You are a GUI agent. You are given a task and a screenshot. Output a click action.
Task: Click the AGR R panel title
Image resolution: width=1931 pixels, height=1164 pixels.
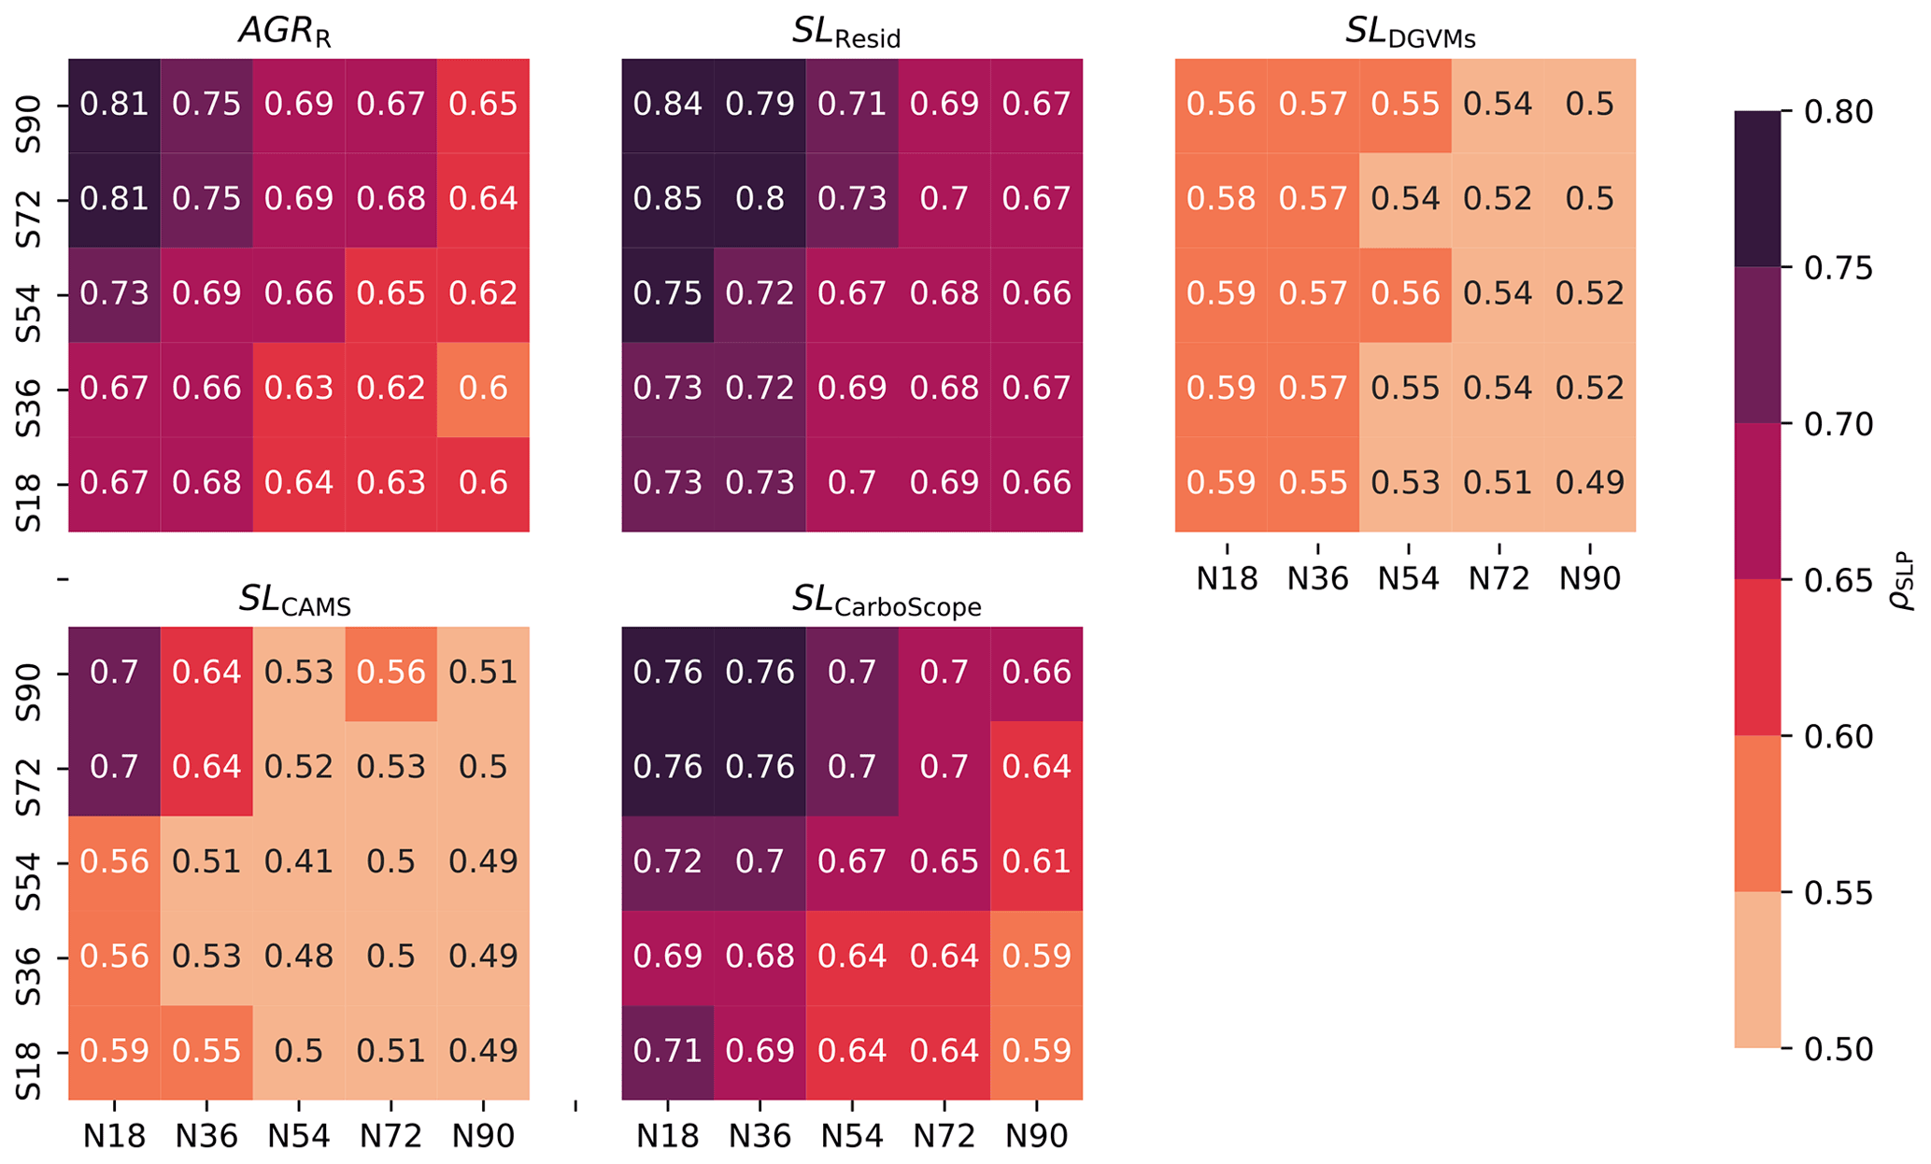tap(285, 32)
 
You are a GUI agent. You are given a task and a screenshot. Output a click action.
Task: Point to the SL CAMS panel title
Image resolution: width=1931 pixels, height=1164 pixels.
tap(294, 601)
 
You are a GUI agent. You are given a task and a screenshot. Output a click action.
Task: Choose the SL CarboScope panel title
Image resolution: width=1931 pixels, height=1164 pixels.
tap(886, 601)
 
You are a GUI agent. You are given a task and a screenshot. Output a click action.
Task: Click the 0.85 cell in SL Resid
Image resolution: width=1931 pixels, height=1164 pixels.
tap(667, 199)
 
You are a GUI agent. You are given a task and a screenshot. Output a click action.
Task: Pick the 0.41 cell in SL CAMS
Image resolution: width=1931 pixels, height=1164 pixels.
tap(299, 861)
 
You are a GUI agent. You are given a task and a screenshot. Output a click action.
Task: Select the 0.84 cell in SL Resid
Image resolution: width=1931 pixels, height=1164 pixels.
tap(667, 104)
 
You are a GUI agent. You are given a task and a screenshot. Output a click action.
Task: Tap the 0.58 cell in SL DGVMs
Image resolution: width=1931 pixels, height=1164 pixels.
tap(1221, 199)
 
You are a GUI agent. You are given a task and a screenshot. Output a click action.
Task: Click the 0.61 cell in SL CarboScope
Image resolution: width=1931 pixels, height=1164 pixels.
tap(1037, 861)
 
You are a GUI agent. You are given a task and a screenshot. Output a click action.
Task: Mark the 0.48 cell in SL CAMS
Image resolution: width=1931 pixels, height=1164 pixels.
tap(299, 957)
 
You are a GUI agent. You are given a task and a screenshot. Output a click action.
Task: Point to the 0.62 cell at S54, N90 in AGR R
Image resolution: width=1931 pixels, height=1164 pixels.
tap(483, 294)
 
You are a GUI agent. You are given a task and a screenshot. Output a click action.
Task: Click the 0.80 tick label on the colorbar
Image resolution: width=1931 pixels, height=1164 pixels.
tap(1839, 112)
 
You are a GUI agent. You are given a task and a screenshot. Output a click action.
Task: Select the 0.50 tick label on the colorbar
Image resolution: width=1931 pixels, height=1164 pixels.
tap(1839, 1049)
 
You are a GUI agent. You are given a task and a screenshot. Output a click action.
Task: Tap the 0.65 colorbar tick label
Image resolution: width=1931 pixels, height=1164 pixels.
tap(1839, 581)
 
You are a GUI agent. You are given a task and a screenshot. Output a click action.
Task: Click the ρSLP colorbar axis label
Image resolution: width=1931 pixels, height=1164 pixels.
tap(1902, 581)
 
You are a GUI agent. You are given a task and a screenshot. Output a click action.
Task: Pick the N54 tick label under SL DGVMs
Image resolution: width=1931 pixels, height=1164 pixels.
tap(1408, 579)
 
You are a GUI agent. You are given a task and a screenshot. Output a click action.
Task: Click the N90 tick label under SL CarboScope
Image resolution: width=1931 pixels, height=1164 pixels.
tap(1037, 1137)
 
